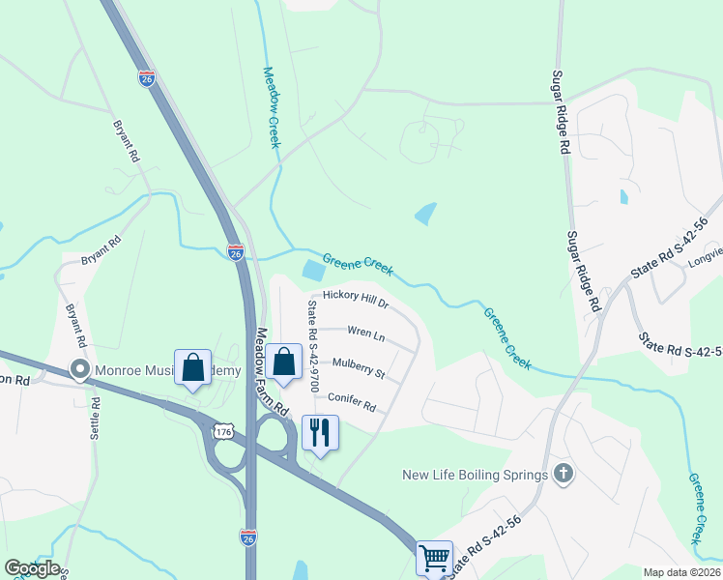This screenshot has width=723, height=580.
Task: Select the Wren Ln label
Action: point(366,335)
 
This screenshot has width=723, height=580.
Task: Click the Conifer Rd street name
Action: point(352,399)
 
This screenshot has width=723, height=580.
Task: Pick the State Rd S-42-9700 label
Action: point(312,347)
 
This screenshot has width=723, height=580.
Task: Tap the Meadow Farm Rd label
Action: point(270,369)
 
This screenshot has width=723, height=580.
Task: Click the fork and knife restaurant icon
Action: point(320,432)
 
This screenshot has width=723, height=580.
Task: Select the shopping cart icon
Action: point(433,557)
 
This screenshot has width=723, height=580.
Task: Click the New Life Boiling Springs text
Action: point(476,475)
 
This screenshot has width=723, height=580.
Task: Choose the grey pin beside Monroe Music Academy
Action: point(79,369)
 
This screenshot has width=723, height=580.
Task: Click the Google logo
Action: point(32,567)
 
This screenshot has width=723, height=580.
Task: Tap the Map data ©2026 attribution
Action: point(681,572)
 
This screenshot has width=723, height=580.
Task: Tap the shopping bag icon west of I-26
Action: point(192,367)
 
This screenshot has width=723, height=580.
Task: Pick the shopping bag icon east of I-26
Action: point(284,362)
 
